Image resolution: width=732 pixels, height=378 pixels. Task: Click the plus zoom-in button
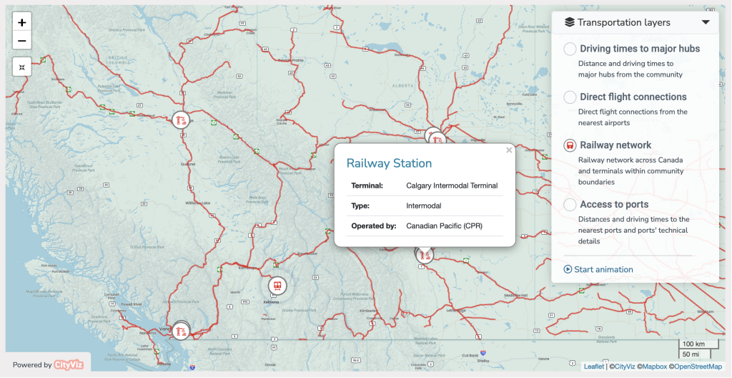coord(22,23)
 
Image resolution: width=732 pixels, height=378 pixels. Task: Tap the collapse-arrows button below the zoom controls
coord(22,67)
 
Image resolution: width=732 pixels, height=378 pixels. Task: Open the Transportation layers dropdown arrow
coord(706,22)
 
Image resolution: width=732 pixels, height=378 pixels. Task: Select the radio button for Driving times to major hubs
coord(570,49)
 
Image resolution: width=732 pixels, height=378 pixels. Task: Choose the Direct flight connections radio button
coord(570,97)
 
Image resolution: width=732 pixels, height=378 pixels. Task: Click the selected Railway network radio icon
coord(570,145)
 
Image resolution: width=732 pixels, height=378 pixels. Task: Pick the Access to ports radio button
coord(570,205)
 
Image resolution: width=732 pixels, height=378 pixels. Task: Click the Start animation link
coord(598,270)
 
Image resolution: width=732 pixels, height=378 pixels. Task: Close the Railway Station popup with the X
coord(509,150)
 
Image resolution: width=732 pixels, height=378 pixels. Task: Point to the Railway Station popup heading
coord(389,163)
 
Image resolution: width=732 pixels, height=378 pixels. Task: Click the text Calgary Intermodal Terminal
coord(452,185)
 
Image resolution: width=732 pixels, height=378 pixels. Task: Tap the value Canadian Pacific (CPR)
coord(444,226)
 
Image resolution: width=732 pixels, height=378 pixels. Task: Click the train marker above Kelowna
coord(277,286)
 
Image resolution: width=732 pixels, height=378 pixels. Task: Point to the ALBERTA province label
coord(402,84)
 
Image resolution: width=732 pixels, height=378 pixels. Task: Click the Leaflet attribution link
coord(593,367)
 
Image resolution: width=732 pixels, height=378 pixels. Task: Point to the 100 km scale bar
coord(693,345)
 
